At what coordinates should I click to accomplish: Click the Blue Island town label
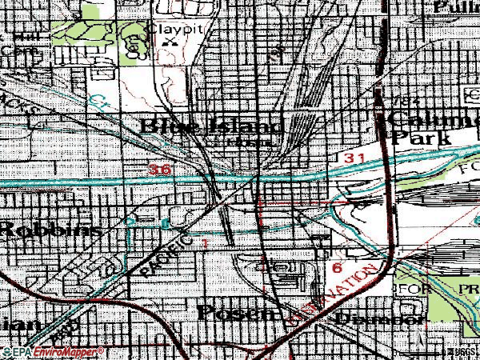(x=211, y=126)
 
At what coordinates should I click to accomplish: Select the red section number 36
(x=160, y=170)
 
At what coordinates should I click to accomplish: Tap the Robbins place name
(x=50, y=229)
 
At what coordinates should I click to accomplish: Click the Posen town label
(x=237, y=311)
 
